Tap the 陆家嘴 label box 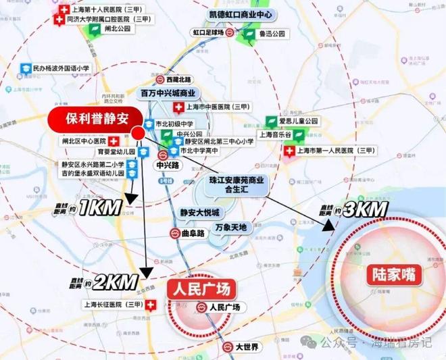(395, 275)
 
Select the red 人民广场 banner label (201, 290)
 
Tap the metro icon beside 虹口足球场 (230, 32)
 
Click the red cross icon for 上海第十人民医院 (64, 11)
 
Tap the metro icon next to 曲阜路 (174, 233)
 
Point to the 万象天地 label (231, 226)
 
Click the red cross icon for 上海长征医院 (150, 305)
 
